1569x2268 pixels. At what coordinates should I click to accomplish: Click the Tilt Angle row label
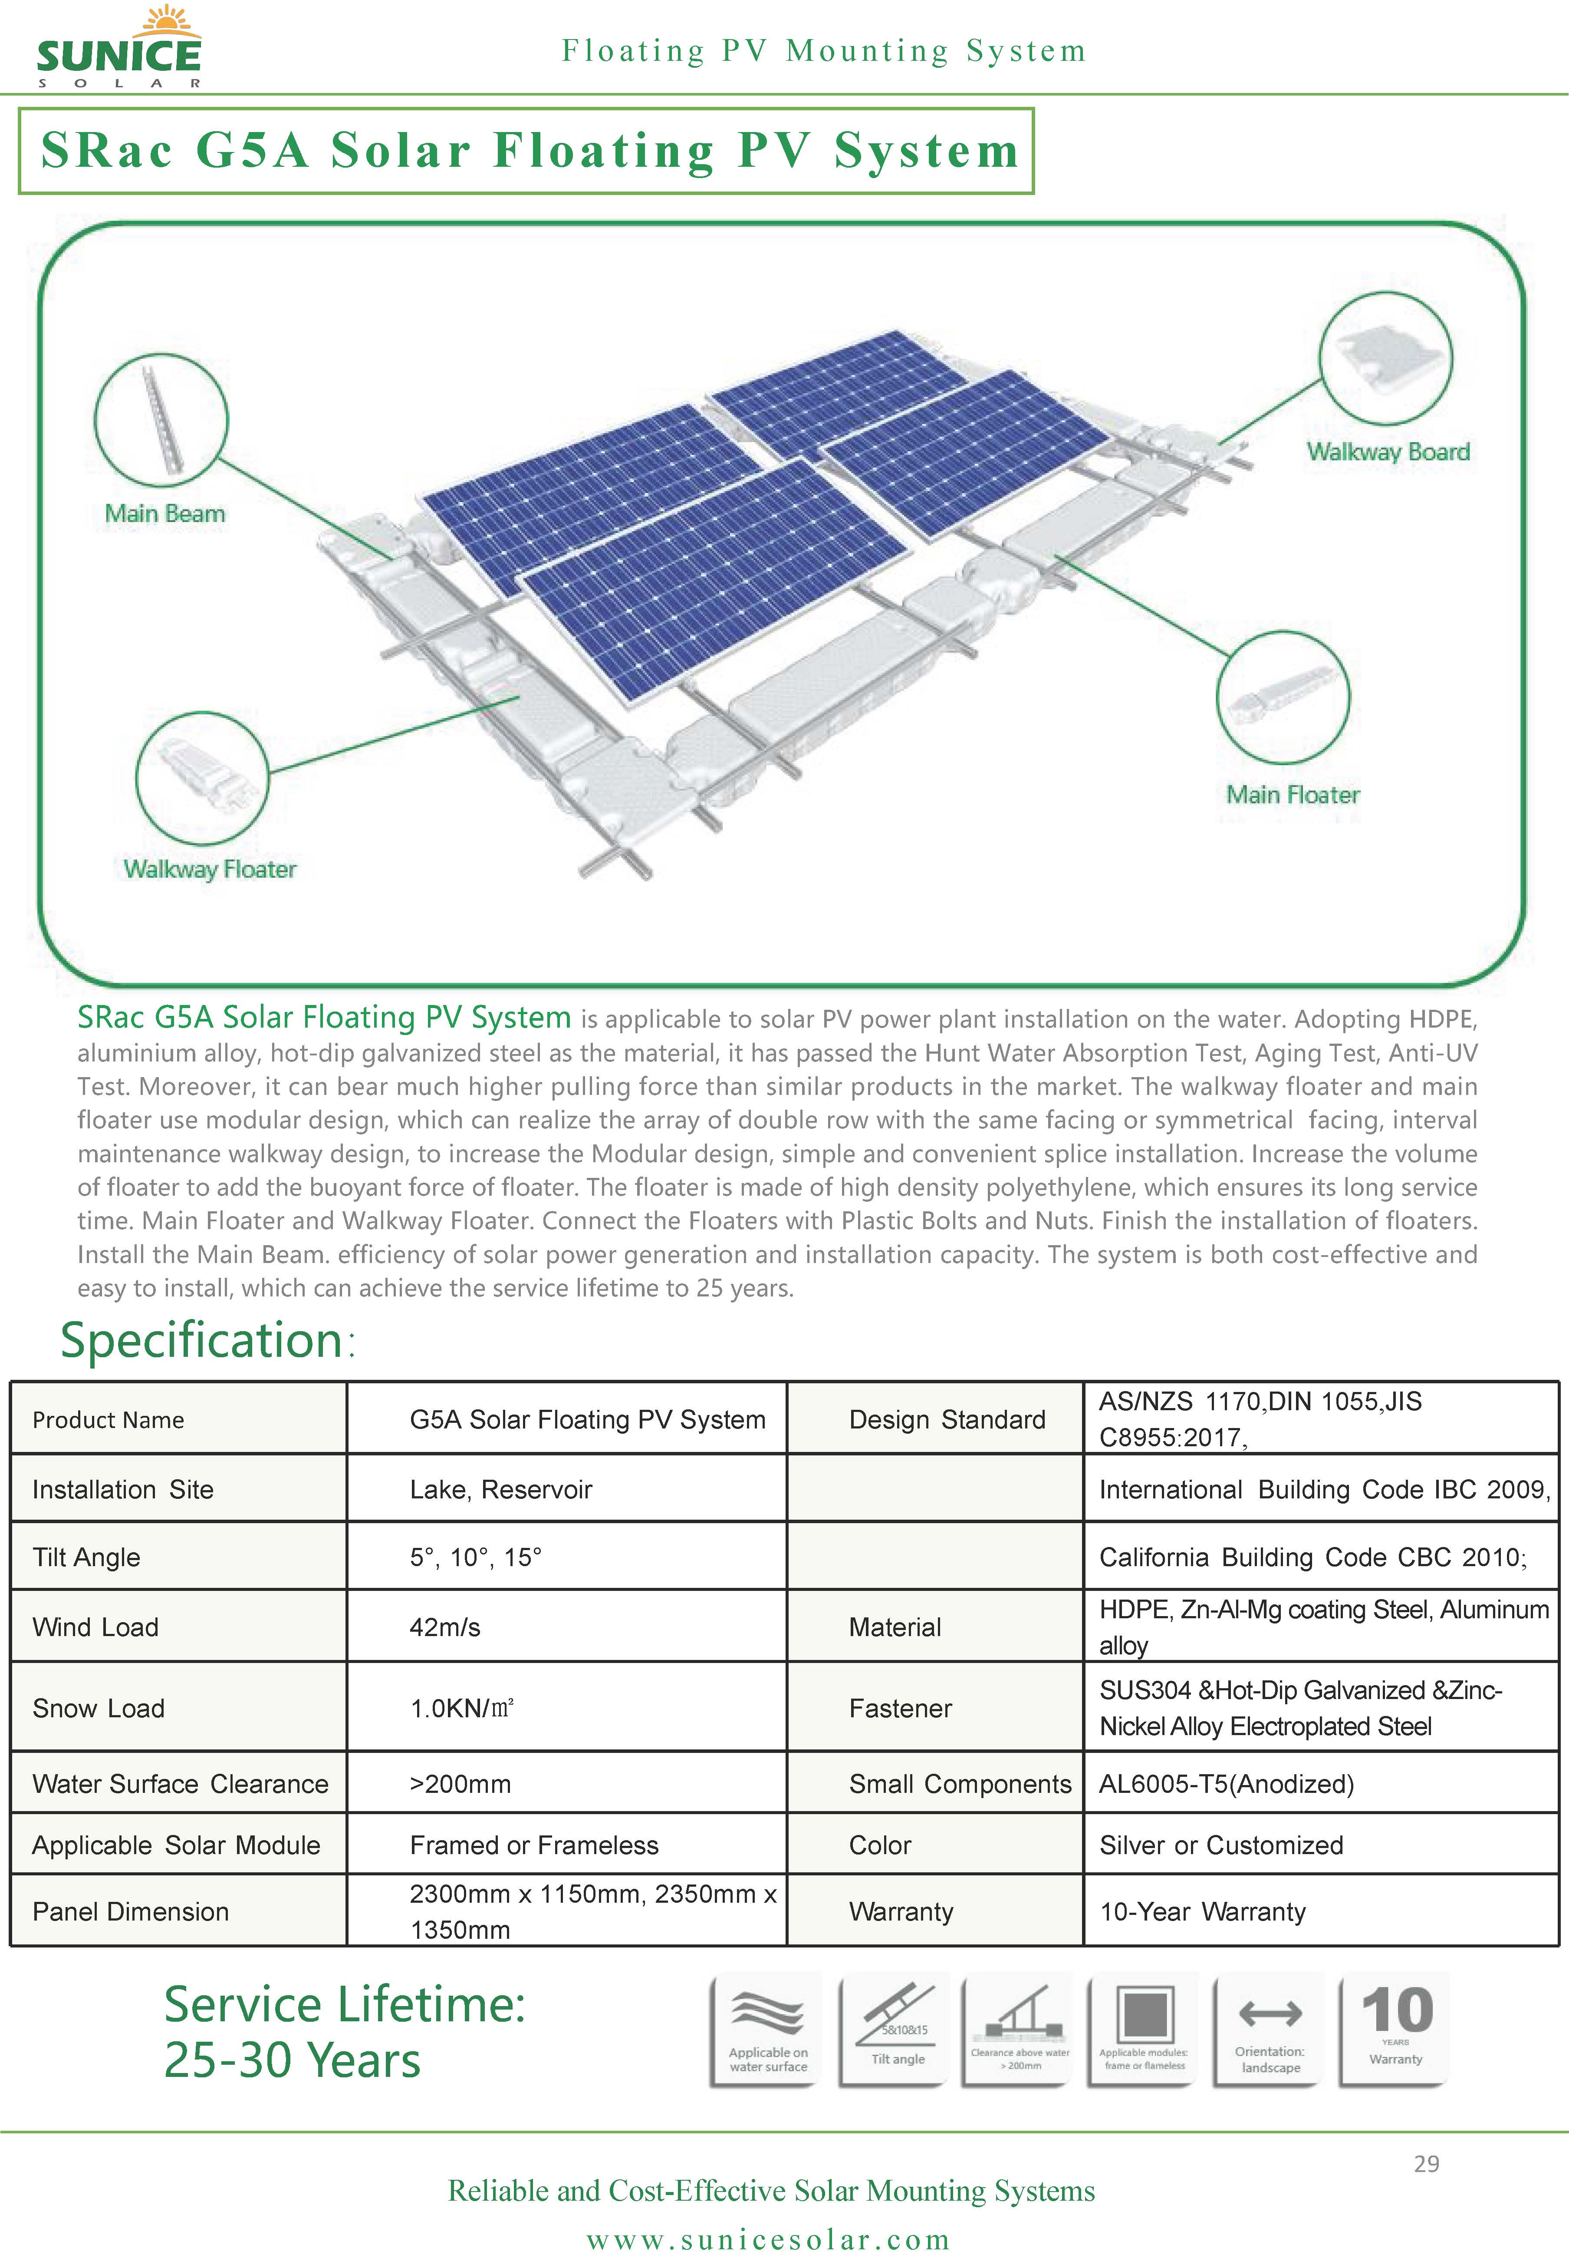click(86, 1557)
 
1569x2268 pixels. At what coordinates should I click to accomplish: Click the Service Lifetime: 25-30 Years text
click(344, 2032)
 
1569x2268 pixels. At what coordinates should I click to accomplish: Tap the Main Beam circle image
click(161, 420)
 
